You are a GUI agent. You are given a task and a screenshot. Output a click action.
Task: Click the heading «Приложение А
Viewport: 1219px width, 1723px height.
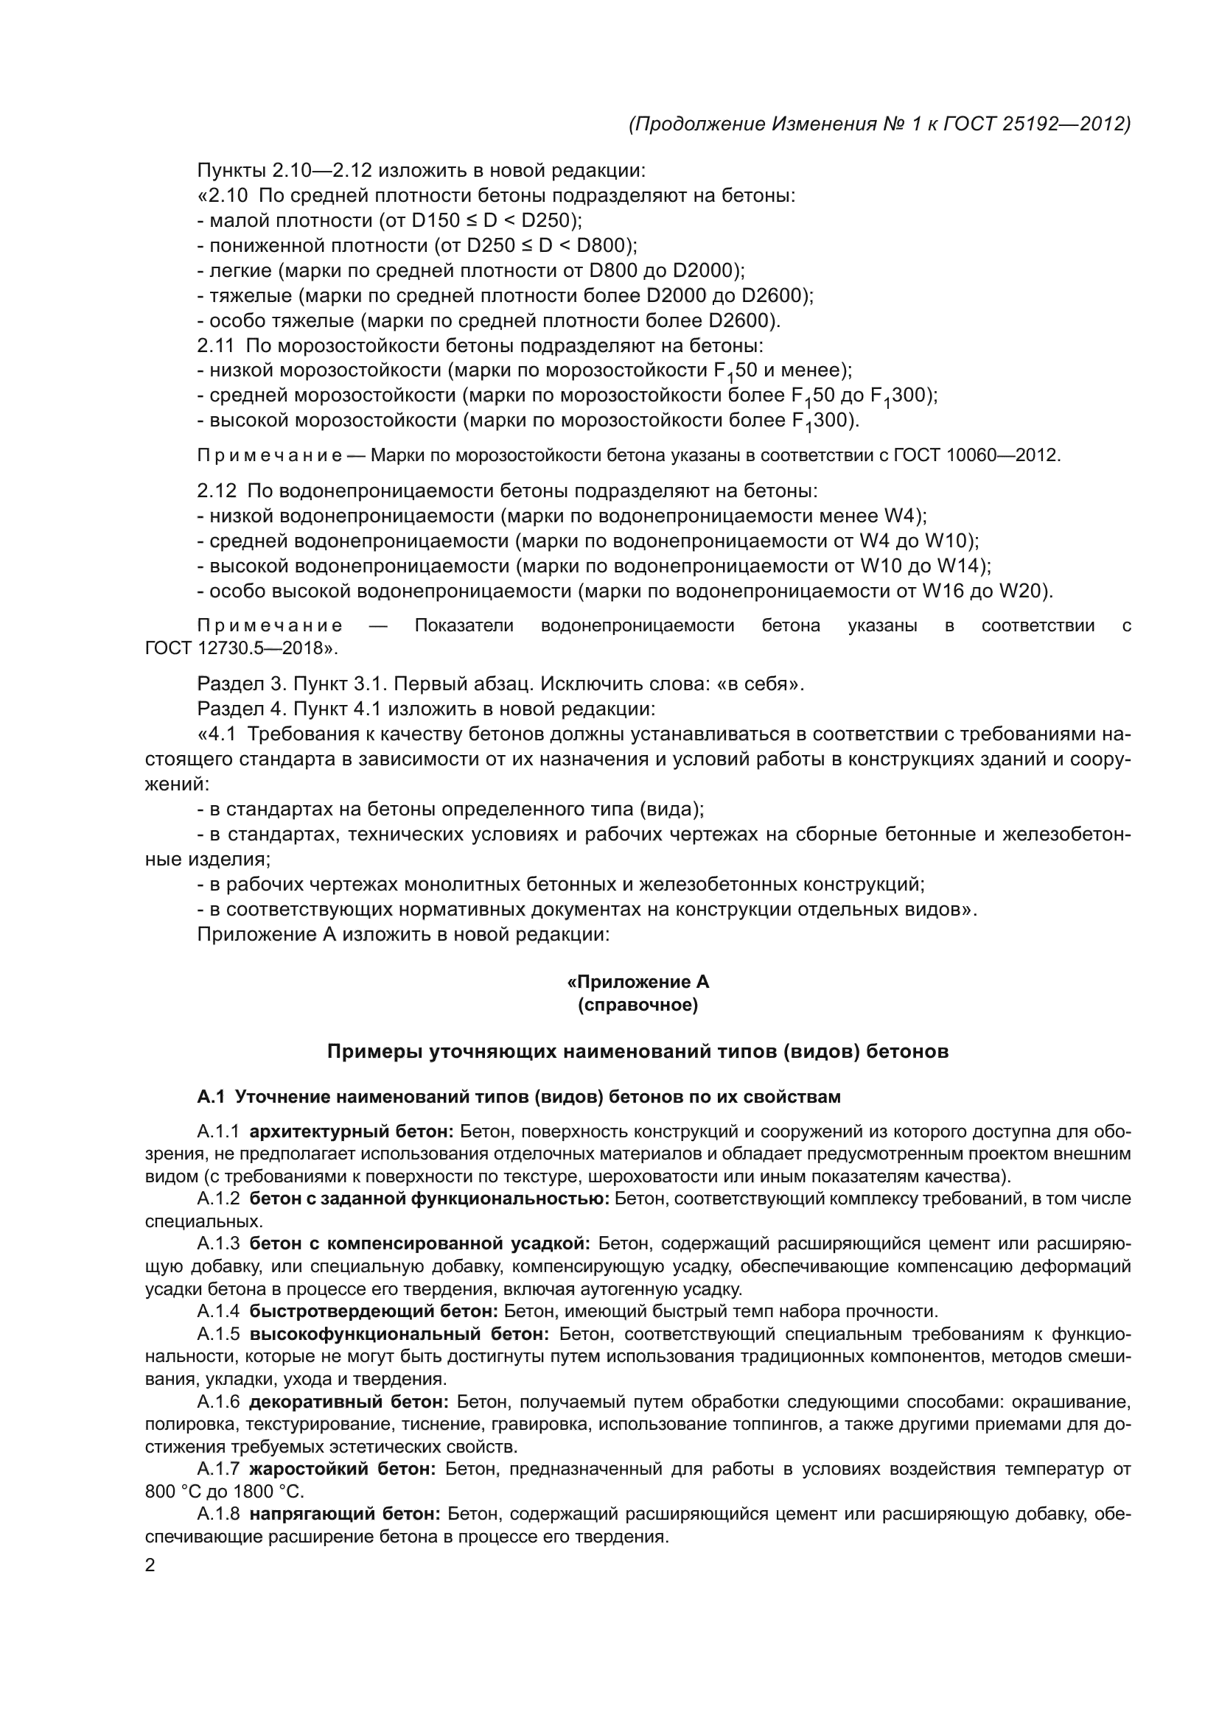click(638, 983)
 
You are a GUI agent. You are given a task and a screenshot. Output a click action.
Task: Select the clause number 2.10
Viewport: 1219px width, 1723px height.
click(226, 196)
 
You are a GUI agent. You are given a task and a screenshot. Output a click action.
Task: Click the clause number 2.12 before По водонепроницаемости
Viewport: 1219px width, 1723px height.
click(217, 491)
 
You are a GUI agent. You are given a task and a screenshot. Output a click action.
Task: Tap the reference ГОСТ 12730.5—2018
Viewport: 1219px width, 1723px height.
click(240, 648)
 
